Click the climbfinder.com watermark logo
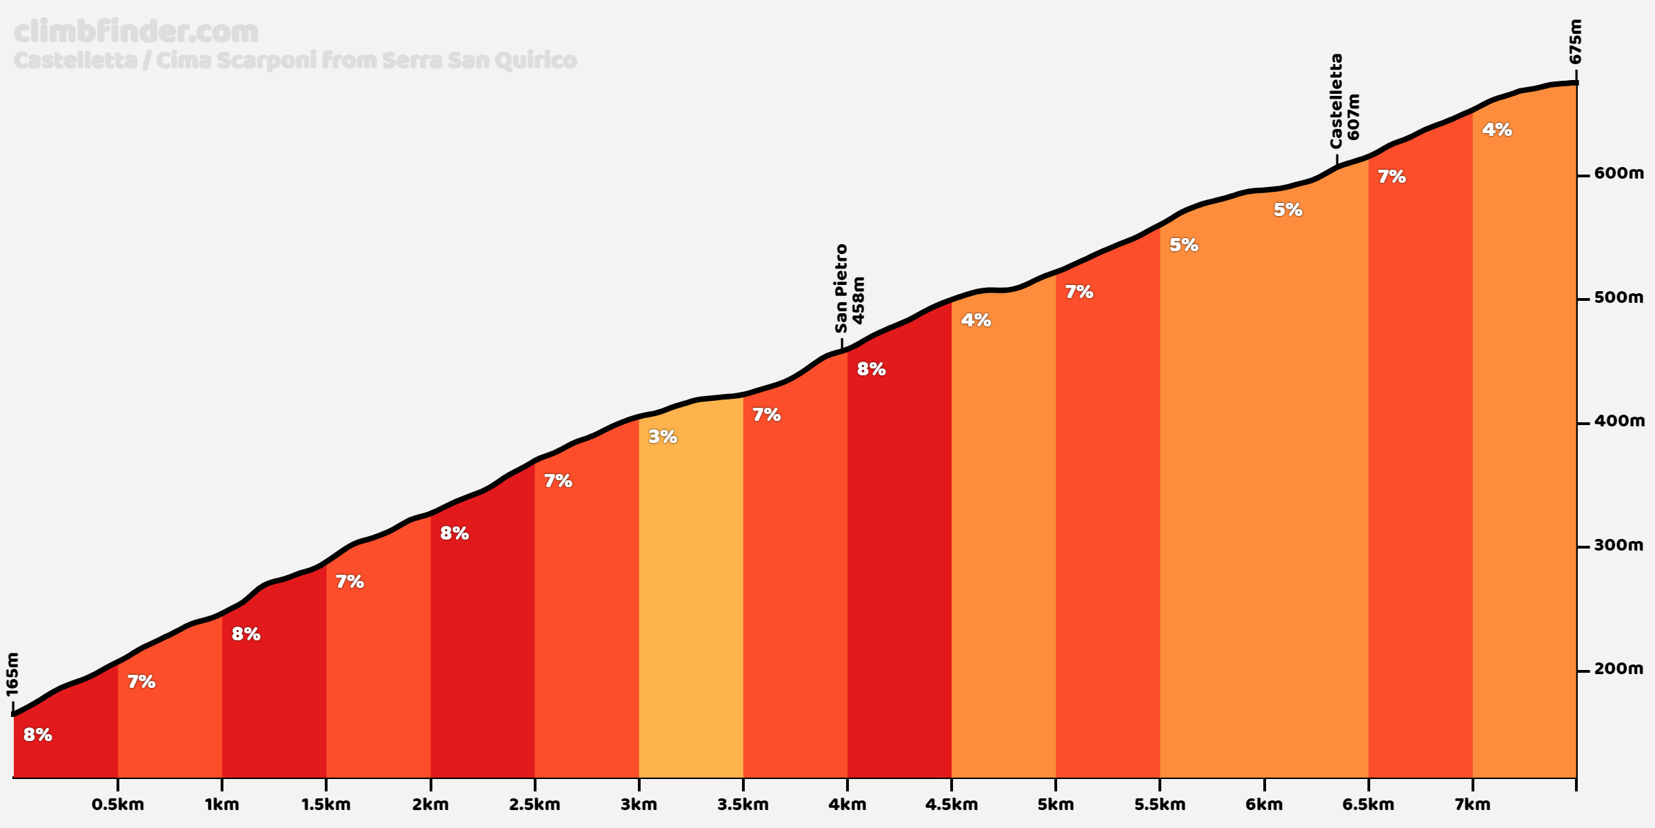tap(136, 32)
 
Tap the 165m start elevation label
tap(12, 674)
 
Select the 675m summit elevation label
tap(1575, 41)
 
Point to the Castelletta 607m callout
tap(1345, 101)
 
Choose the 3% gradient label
tap(662, 437)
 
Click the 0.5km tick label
tap(118, 805)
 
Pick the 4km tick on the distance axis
tap(847, 805)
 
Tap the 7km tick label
tap(1472, 805)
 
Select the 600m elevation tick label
tap(1618, 174)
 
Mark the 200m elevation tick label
tap(1618, 669)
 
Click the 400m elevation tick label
tap(1618, 422)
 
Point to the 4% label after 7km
tap(1497, 130)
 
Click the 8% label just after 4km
tap(871, 369)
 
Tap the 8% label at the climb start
tap(37, 735)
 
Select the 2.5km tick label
tap(534, 805)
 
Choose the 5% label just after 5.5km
tap(1183, 245)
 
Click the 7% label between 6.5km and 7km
tap(1392, 177)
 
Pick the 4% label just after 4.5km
tap(976, 320)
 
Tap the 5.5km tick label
tap(1160, 805)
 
